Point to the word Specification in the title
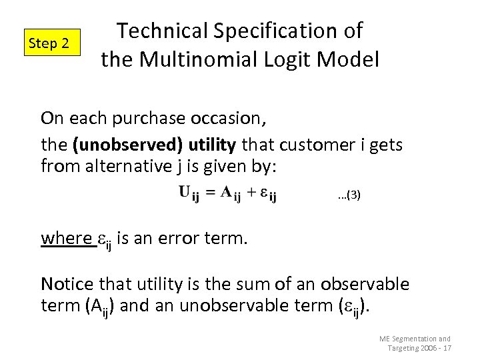(288, 31)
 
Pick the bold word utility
(212, 145)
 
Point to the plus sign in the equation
(251, 193)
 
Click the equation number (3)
(350, 195)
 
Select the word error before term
(177, 238)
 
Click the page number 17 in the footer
(447, 348)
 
